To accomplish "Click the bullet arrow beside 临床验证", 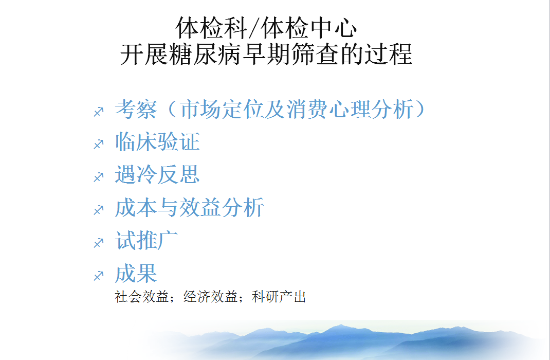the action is coord(99,144).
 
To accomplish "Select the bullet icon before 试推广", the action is coord(99,243).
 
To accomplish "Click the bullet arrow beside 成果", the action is coord(99,276).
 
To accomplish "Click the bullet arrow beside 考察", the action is coord(99,112).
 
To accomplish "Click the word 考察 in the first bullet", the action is coord(136,109).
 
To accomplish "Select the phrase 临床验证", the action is coord(157,142).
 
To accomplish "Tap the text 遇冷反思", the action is coord(157,175).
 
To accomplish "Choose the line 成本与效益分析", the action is coord(189,208).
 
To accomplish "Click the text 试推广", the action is coord(146,240).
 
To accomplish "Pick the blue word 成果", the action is coord(136,273).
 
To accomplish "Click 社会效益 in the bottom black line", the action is coord(142,297).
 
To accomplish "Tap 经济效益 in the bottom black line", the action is coord(210,297).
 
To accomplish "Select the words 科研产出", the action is coord(279,297).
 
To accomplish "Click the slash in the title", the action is coord(254,28).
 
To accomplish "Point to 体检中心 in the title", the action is coord(309,28).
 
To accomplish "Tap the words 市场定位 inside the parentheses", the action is coord(222,109).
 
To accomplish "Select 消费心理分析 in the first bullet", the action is coord(350,109).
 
